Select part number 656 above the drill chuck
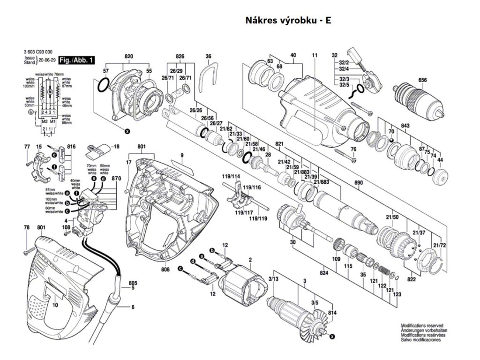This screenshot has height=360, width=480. coord(423,80)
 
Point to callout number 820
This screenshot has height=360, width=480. coord(128,57)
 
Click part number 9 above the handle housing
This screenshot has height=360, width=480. coord(182,155)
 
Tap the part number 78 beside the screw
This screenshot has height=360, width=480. coord(27,228)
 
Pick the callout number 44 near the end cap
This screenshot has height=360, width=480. coord(440,160)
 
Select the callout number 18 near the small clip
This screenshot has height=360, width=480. coord(116,146)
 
